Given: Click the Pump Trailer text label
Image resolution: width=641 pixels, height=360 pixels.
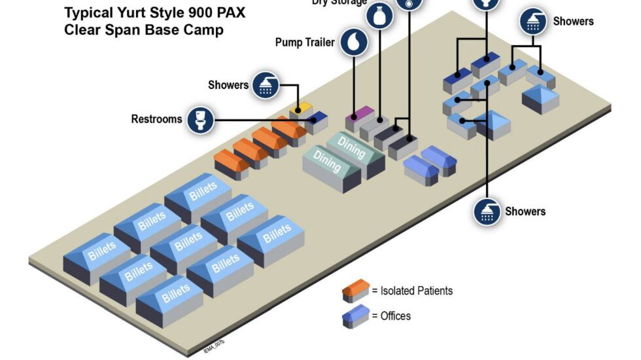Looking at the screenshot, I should click(x=305, y=43).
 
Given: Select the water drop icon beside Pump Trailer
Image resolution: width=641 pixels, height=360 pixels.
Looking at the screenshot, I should click(x=354, y=43).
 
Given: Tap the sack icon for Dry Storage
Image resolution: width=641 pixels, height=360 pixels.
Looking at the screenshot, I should click(x=379, y=15).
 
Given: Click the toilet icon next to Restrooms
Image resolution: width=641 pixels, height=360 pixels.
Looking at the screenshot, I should click(x=200, y=120).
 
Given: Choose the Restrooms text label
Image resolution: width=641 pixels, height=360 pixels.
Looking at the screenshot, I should click(x=157, y=119).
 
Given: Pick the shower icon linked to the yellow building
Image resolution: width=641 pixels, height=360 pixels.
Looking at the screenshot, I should click(x=266, y=85).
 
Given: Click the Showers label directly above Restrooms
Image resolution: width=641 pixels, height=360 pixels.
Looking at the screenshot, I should click(x=228, y=85).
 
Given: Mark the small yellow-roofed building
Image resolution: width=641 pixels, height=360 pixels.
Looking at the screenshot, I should click(x=300, y=108).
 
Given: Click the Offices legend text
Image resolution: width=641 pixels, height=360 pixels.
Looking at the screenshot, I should click(x=395, y=316).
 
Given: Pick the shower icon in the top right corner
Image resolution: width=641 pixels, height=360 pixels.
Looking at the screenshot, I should click(x=533, y=22).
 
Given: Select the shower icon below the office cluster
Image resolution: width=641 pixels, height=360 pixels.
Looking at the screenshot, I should click(x=487, y=211).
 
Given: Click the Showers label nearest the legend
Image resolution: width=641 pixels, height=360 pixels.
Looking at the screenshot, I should click(x=525, y=211).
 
